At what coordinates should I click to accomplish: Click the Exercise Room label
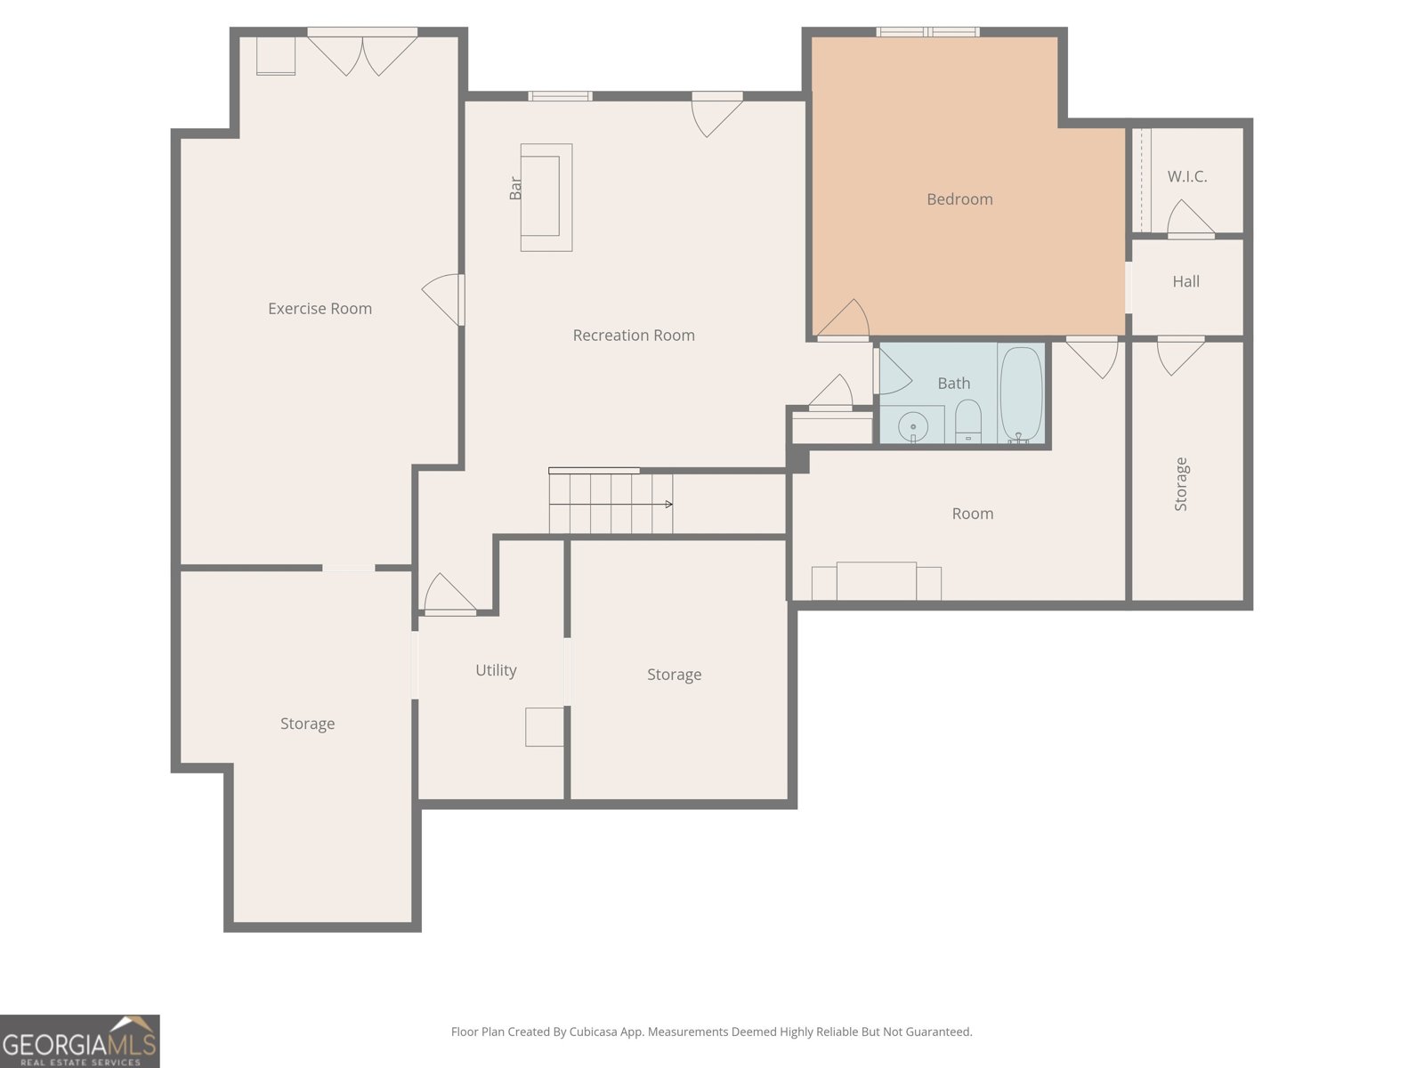320,309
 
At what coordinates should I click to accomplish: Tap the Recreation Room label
633,336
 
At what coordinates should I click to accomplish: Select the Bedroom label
959,199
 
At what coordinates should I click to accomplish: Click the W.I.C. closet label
1187,176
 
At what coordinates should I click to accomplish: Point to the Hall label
1185,281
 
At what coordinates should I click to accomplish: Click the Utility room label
496,670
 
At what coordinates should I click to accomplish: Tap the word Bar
515,188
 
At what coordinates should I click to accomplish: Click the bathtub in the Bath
1021,395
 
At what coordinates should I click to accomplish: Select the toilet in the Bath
968,421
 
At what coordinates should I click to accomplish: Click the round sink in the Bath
913,426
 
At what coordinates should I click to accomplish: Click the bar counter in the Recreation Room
546,197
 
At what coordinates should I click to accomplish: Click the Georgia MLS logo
80,1040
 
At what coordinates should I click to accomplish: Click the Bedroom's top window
927,32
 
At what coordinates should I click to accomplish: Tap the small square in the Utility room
545,727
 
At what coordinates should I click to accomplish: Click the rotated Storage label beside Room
1181,484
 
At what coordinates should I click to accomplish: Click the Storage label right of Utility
674,675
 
